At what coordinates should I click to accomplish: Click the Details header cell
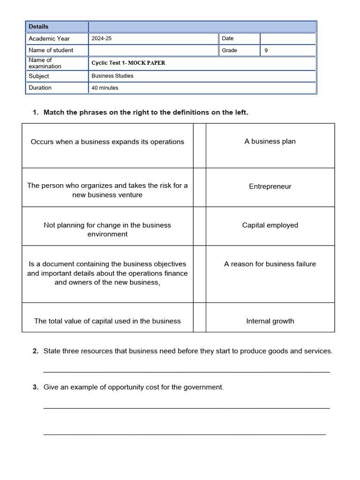(x=38, y=27)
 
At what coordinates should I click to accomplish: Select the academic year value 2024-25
(x=102, y=38)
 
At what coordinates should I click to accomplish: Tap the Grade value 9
(x=266, y=50)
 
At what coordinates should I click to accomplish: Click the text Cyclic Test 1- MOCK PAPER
(x=128, y=63)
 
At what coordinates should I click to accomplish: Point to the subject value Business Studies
(x=112, y=76)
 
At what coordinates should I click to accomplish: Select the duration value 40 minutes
(x=105, y=88)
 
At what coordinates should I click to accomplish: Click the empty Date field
(x=287, y=38)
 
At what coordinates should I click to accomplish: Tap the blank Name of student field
(x=153, y=50)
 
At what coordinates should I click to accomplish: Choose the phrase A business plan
(x=270, y=142)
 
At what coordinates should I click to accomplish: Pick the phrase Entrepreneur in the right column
(x=270, y=187)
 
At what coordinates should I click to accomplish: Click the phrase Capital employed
(x=270, y=225)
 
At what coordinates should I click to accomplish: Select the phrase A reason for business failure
(x=270, y=264)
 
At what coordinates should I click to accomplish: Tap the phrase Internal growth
(x=270, y=322)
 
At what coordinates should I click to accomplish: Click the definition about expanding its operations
(x=107, y=142)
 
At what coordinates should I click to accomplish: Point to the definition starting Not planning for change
(x=107, y=230)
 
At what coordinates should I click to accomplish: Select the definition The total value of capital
(x=107, y=322)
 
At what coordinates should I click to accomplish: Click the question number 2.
(x=36, y=351)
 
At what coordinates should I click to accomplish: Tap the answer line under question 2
(x=187, y=371)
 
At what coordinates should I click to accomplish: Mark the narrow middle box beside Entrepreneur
(x=199, y=187)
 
